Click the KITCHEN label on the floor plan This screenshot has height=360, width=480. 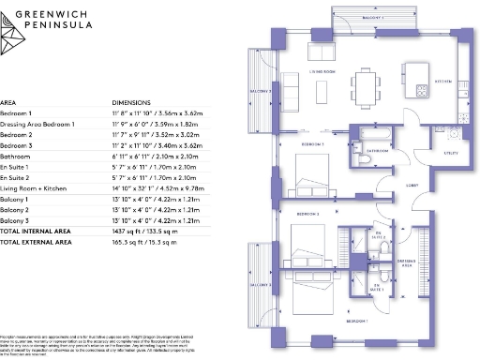coord(442,82)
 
